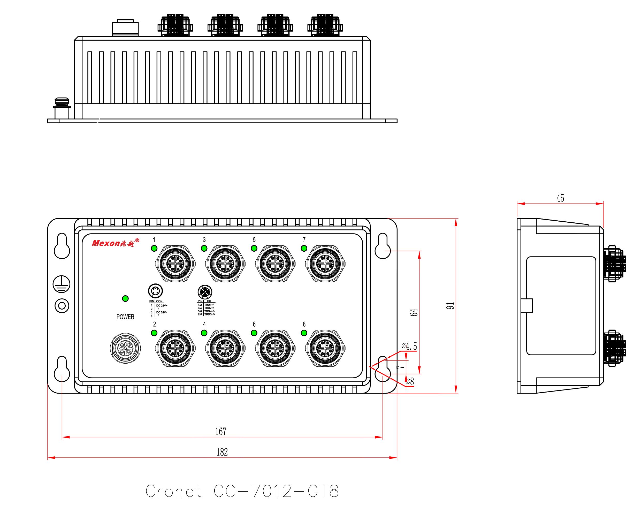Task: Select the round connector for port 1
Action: click(175, 263)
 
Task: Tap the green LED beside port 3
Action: click(204, 248)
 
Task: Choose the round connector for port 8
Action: click(325, 348)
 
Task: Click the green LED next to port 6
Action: click(254, 333)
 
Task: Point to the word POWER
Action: click(125, 317)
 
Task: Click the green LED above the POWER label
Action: click(125, 298)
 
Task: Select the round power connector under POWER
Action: click(125, 348)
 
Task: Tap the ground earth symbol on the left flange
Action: click(62, 284)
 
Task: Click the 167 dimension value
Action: click(221, 431)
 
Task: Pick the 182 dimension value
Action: click(222, 452)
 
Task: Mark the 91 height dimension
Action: click(450, 305)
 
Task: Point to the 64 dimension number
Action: click(414, 312)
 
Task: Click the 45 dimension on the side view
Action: click(560, 198)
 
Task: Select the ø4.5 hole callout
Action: click(409, 346)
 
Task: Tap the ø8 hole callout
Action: click(410, 381)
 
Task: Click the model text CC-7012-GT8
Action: click(276, 491)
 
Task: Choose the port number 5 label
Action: click(254, 239)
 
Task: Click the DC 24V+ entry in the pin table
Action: click(162, 305)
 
